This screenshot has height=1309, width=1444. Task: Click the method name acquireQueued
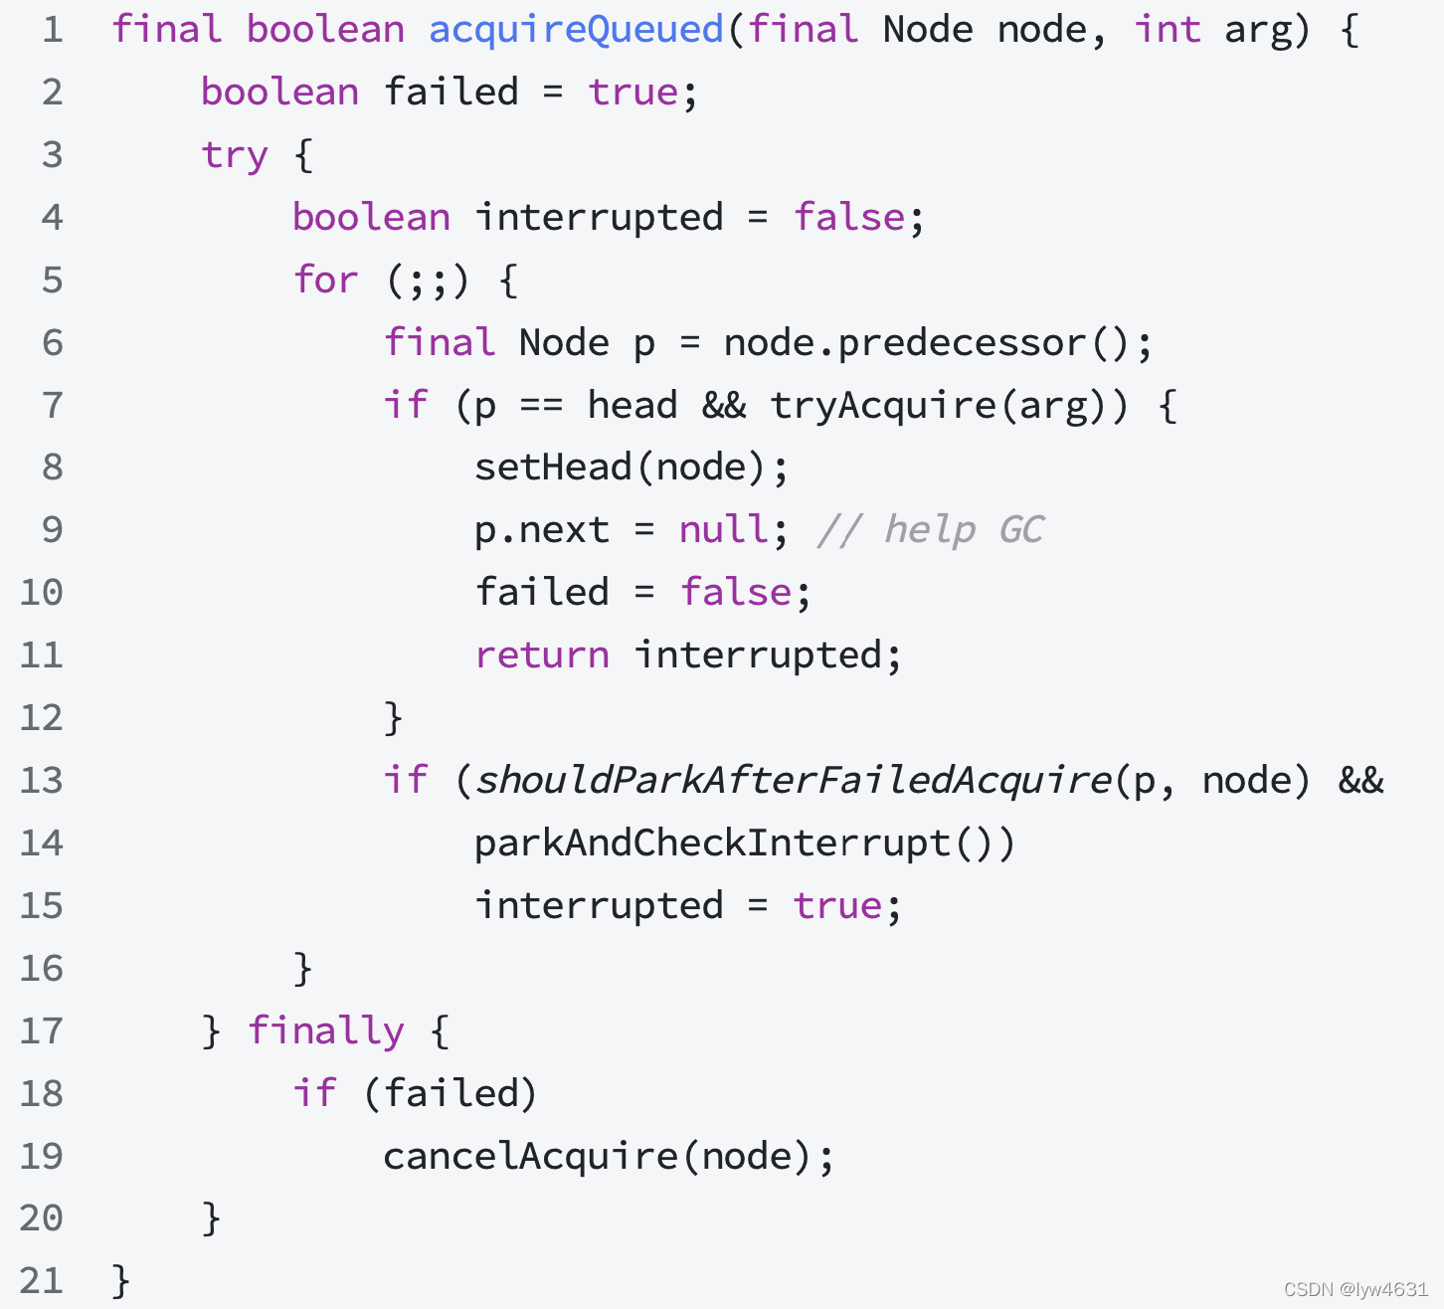(x=576, y=30)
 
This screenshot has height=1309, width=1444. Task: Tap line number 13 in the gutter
(x=42, y=781)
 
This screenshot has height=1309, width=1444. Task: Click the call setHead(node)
(x=630, y=467)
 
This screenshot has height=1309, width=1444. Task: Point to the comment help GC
(x=931, y=530)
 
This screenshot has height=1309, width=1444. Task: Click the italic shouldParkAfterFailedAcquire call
(x=794, y=781)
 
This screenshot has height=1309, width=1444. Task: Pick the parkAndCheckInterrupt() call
(x=743, y=843)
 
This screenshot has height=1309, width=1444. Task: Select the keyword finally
(x=326, y=1031)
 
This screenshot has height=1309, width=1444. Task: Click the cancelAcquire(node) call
(x=607, y=1157)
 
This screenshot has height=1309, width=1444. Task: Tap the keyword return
(x=542, y=655)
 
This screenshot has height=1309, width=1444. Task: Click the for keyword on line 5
(x=325, y=280)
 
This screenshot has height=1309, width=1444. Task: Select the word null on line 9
(x=723, y=530)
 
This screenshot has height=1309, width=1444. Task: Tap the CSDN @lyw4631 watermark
(x=1355, y=1289)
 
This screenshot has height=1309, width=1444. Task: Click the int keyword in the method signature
(x=1168, y=30)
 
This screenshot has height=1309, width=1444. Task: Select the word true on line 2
(x=633, y=93)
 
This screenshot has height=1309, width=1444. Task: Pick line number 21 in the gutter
(x=42, y=1281)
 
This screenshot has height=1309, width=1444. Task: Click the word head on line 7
(x=632, y=406)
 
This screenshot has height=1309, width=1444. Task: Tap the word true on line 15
(x=837, y=906)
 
